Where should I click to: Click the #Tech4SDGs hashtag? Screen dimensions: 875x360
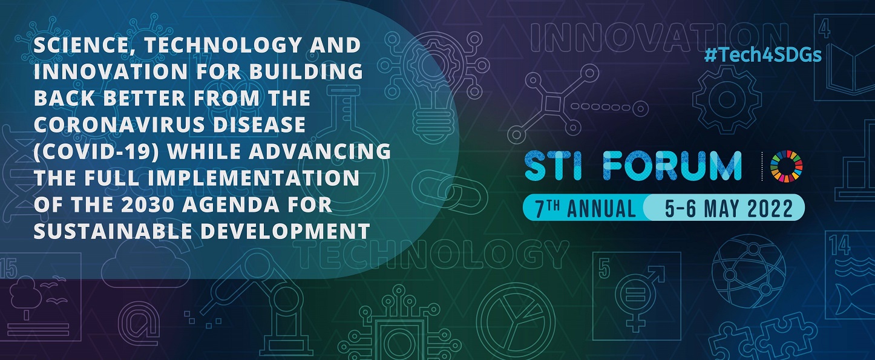point(763,56)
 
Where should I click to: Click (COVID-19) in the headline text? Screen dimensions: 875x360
point(96,151)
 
